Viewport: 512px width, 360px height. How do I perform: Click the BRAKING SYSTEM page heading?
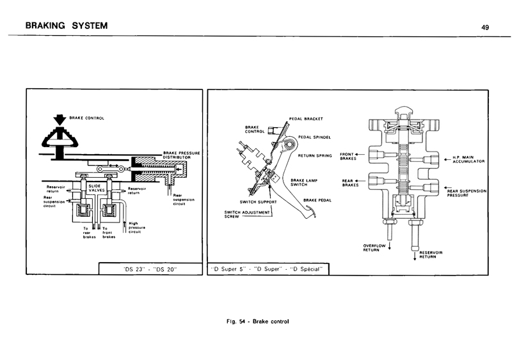click(x=62, y=26)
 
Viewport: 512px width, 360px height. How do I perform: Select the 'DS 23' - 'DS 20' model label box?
click(x=144, y=269)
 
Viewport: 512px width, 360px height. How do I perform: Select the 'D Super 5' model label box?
click(x=269, y=269)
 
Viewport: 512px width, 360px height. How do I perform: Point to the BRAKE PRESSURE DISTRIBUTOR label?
click(x=182, y=155)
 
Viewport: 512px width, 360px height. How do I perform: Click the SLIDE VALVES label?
click(x=97, y=188)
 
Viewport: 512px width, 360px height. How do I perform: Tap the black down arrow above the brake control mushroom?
click(x=59, y=118)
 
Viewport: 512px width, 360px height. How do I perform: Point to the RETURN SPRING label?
click(x=314, y=155)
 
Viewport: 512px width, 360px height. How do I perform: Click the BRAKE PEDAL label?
click(x=316, y=200)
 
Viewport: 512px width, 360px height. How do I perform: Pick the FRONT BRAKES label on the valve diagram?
click(x=348, y=156)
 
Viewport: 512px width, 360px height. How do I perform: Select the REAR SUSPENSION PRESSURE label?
click(x=467, y=192)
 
